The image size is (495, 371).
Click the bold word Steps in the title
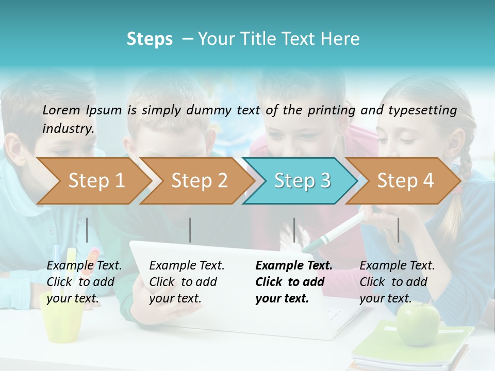150,39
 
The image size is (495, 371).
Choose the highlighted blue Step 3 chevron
302,181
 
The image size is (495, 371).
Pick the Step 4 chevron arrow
405,181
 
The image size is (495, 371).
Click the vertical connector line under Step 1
87,230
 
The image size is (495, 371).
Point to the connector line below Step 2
190,230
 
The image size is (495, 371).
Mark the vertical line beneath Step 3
294,230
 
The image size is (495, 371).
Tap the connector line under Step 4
398,230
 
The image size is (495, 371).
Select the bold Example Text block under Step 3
294,282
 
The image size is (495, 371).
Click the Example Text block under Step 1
84,282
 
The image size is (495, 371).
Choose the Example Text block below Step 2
187,282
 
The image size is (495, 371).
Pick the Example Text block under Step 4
397,282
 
